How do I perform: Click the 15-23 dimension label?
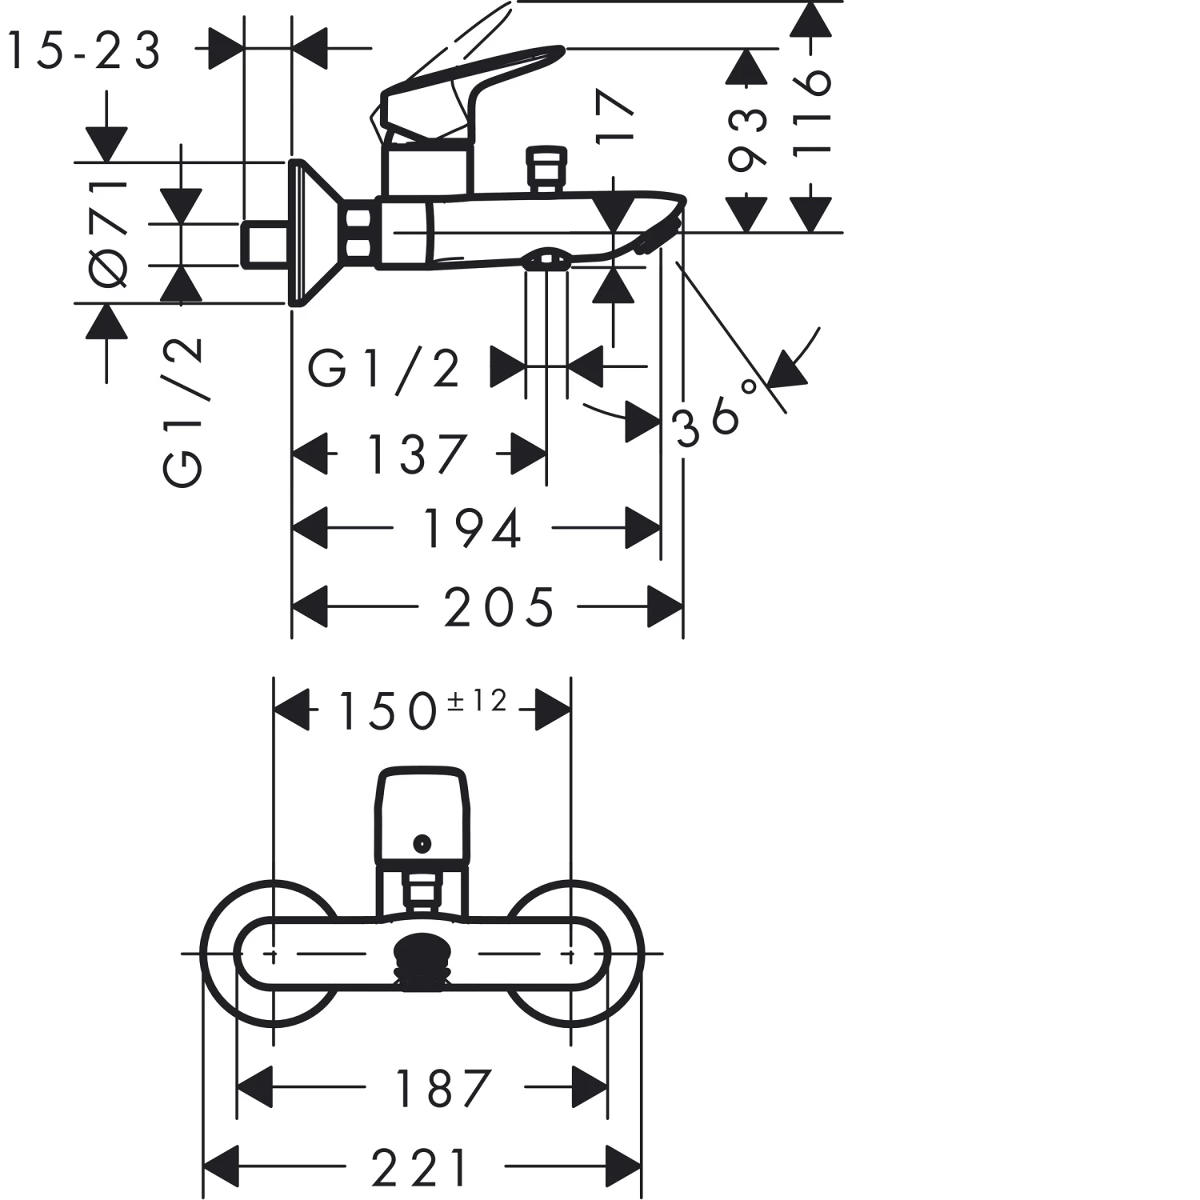[84, 50]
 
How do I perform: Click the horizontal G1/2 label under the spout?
[385, 368]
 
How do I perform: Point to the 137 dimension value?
[416, 454]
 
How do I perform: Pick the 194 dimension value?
[472, 529]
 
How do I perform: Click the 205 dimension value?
[499, 607]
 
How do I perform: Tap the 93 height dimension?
[747, 140]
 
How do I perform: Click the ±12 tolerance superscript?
[477, 701]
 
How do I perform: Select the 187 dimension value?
[444, 1088]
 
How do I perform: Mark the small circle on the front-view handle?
[422, 842]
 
